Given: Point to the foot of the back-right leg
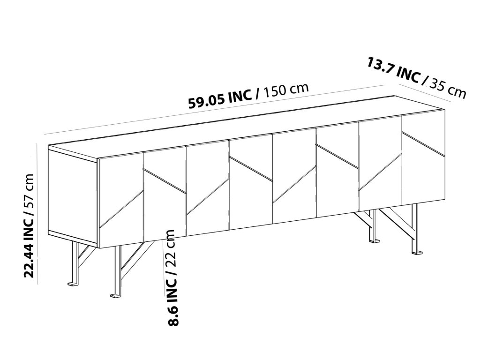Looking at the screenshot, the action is coord(375,241).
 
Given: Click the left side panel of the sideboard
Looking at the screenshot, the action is coord(73,195).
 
